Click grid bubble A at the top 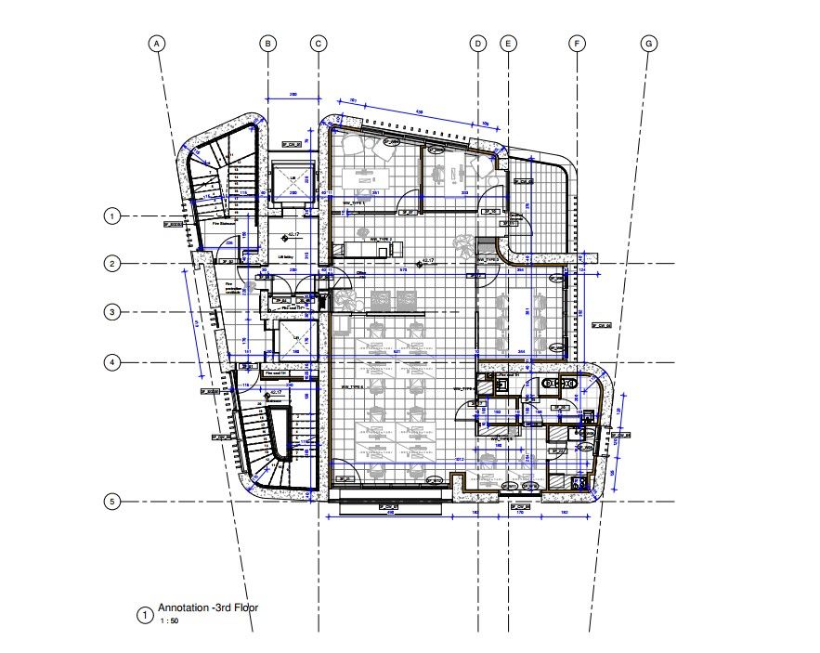158,44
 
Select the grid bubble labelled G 649,44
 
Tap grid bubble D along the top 477,44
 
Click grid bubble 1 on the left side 111,216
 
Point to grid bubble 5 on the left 111,502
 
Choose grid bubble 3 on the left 111,312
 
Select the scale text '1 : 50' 169,620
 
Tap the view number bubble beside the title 144,615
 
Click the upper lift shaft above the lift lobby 292,181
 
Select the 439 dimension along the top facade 419,112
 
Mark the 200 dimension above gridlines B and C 293,95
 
